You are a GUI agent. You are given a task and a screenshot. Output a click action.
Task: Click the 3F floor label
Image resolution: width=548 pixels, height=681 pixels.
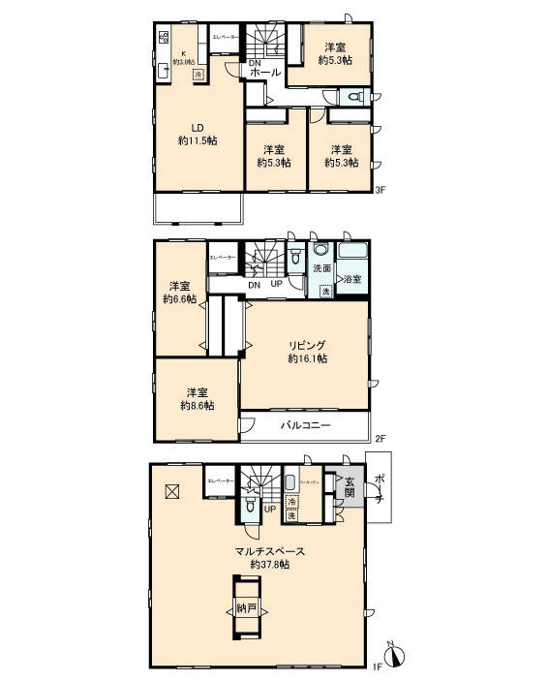381,190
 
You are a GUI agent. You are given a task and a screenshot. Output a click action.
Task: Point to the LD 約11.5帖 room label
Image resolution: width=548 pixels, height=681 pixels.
197,134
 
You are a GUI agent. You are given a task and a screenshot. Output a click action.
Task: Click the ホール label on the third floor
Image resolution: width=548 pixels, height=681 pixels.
264,73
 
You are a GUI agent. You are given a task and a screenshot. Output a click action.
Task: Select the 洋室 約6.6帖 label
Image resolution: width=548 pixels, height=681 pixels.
179,293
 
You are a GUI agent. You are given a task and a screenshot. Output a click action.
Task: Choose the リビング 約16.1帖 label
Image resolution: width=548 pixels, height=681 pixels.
306,352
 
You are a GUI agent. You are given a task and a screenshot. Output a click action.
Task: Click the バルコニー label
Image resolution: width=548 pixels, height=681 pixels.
306,425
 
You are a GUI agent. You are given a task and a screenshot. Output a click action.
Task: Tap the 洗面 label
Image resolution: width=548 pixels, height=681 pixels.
321,268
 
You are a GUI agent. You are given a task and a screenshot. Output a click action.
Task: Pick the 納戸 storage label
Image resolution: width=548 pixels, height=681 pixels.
246,609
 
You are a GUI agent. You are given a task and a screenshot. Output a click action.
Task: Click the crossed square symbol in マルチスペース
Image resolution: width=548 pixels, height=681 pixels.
171,491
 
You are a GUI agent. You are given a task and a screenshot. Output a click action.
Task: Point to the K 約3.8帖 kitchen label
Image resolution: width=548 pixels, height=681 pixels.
178,57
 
